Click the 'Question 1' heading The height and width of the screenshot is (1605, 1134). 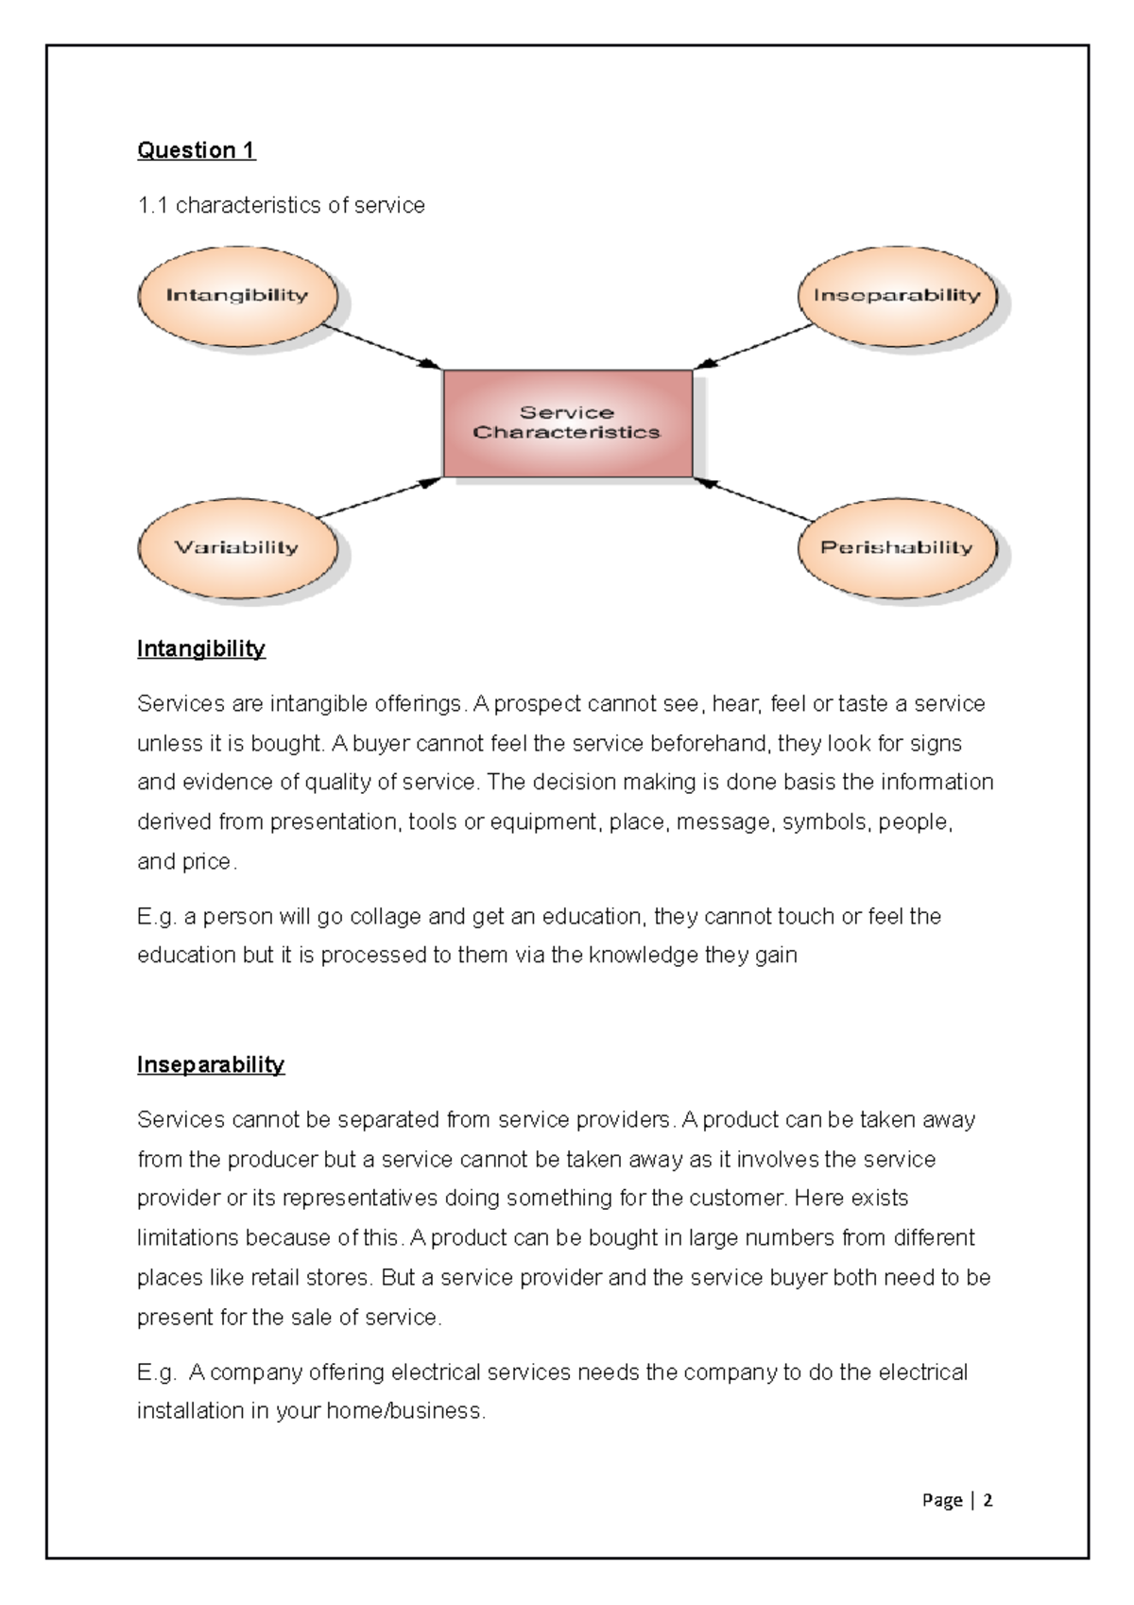click(x=196, y=150)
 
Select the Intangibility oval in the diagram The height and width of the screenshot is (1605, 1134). click(x=237, y=296)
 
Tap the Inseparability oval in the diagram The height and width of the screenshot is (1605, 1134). click(x=897, y=296)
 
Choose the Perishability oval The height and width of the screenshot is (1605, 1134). click(x=896, y=547)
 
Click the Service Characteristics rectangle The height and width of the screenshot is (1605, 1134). click(x=567, y=423)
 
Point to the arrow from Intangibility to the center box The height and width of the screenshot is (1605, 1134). click(x=383, y=347)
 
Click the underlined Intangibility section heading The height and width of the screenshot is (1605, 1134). click(x=200, y=648)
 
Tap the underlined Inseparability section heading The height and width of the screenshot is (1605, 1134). click(x=210, y=1064)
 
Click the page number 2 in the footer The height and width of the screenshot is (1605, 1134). click(x=988, y=1500)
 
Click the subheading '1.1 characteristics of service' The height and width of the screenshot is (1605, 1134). click(x=281, y=205)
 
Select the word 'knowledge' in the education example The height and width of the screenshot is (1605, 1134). click(x=643, y=956)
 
